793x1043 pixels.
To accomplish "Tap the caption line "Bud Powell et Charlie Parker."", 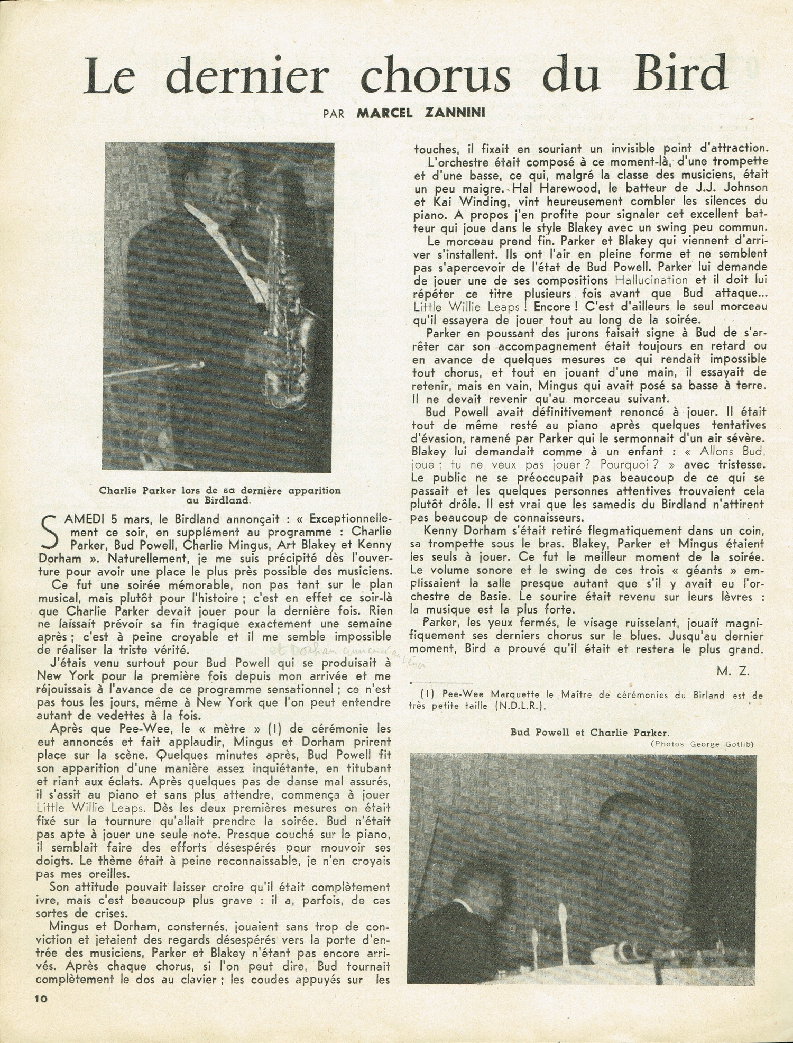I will coord(589,733).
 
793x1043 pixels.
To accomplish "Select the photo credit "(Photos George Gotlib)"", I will coord(702,744).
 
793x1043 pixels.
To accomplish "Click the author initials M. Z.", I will coord(734,672).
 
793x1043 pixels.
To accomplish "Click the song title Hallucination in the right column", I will coord(652,280).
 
